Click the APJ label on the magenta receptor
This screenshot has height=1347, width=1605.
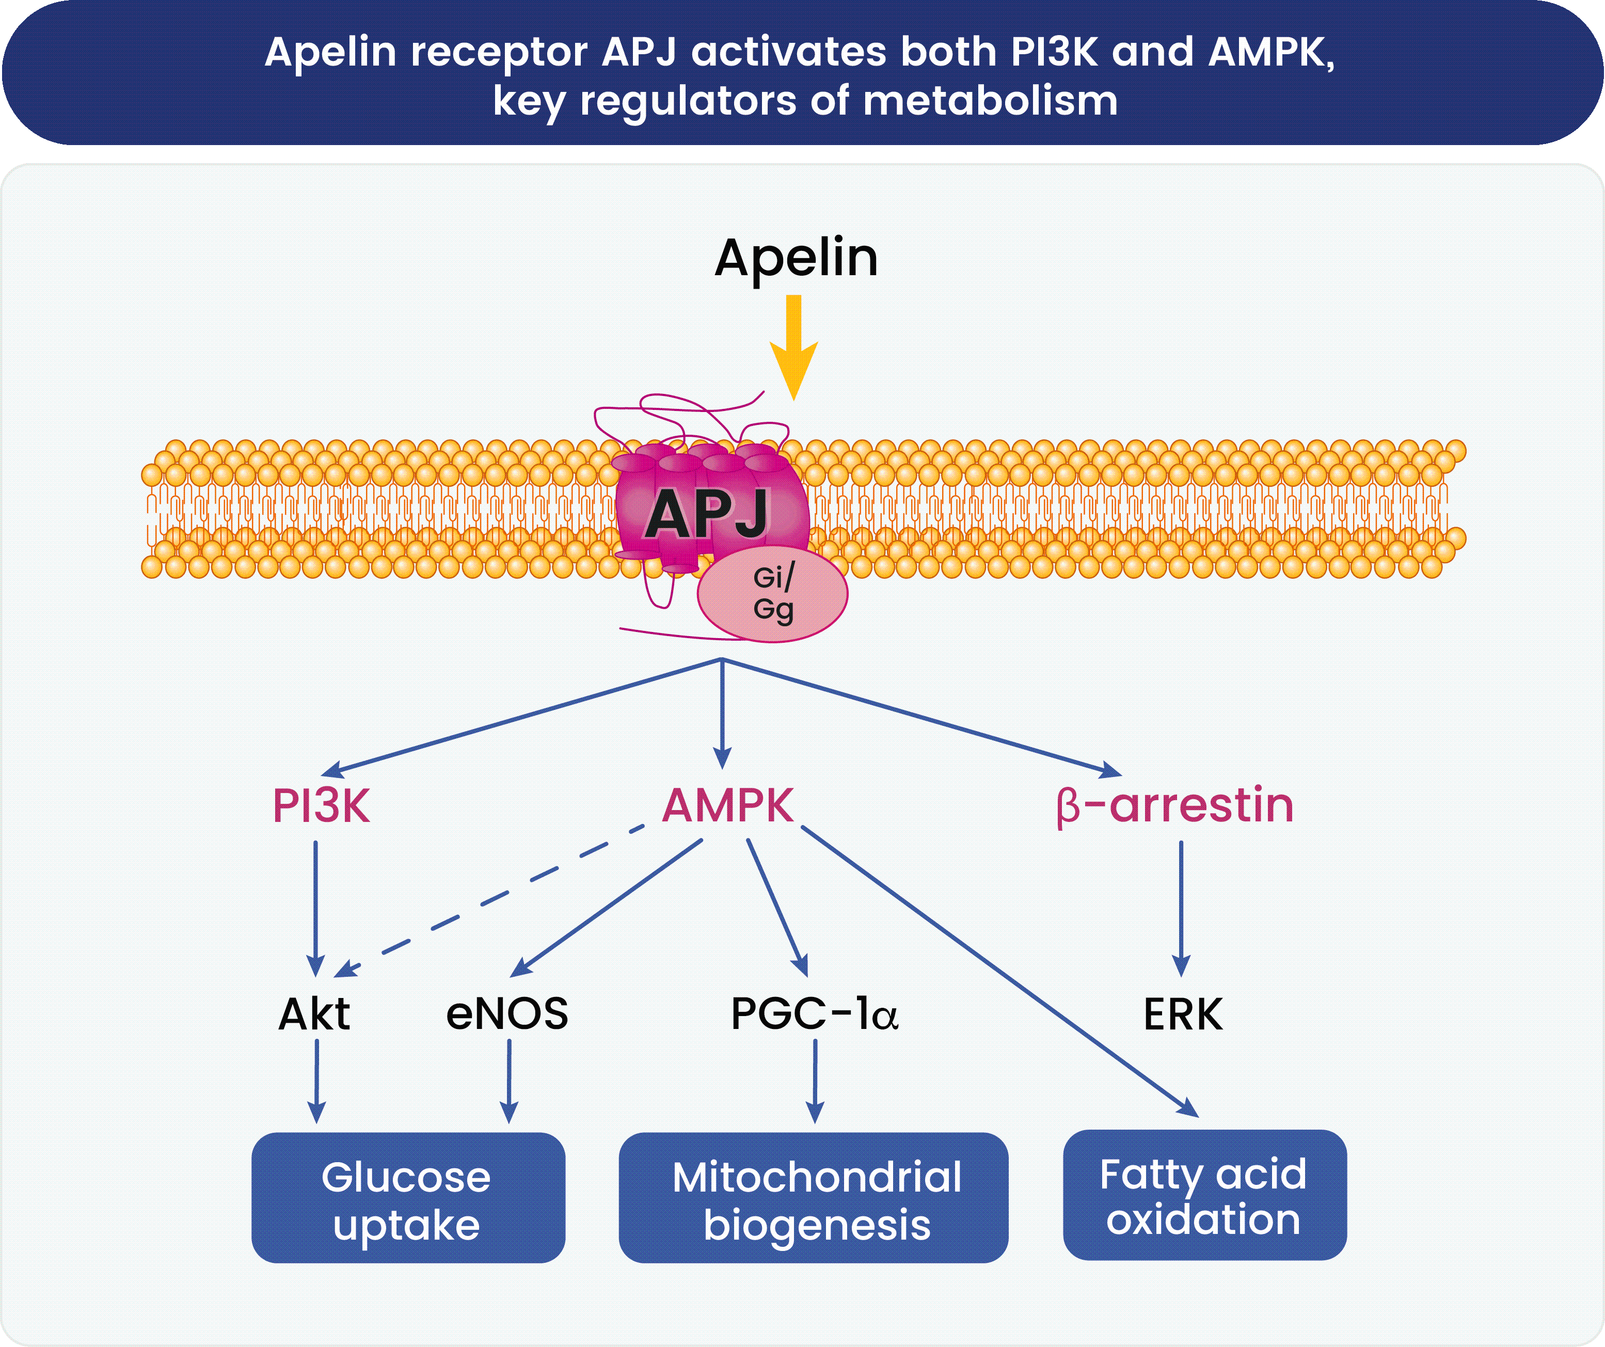pos(707,514)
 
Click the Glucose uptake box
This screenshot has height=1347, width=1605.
pos(408,1198)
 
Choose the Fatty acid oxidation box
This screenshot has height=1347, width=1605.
pos(1204,1195)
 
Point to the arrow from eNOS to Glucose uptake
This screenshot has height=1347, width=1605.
pos(509,1081)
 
